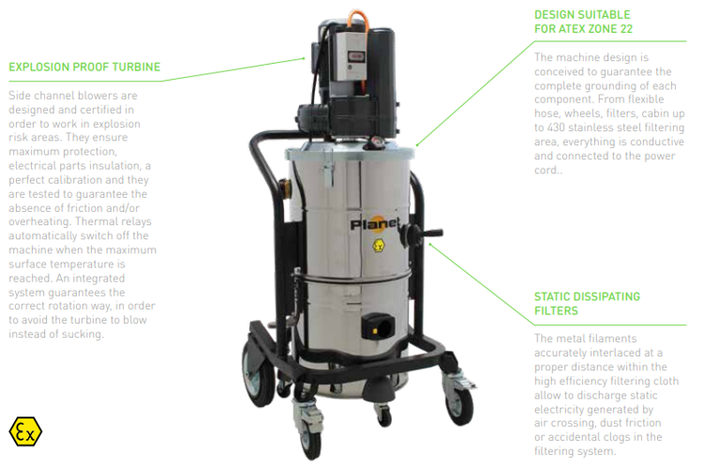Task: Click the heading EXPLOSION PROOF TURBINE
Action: (x=84, y=67)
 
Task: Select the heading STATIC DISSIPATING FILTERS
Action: (x=587, y=303)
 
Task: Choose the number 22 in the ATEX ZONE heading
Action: (x=625, y=29)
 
